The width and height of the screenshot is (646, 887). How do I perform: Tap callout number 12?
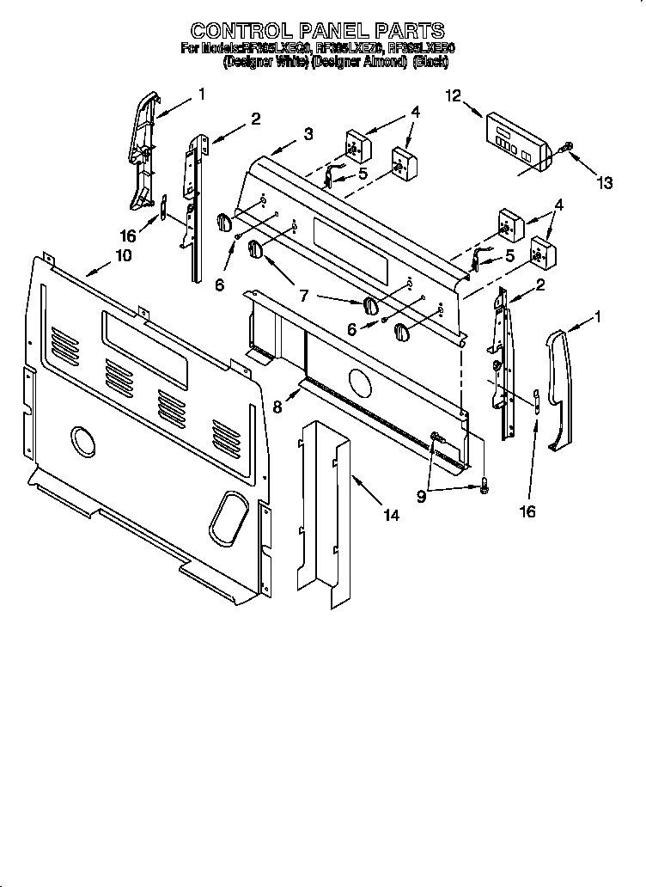[x=454, y=96]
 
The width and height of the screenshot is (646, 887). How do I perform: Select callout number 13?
[x=605, y=182]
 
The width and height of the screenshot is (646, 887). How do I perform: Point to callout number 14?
[x=391, y=516]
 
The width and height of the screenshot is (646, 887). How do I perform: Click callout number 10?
[x=123, y=255]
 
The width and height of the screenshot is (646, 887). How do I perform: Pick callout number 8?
[x=277, y=407]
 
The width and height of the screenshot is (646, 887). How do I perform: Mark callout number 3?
[x=308, y=134]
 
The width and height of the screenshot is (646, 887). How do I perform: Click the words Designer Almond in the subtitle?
[x=359, y=62]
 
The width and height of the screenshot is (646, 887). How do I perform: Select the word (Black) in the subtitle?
[x=431, y=62]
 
